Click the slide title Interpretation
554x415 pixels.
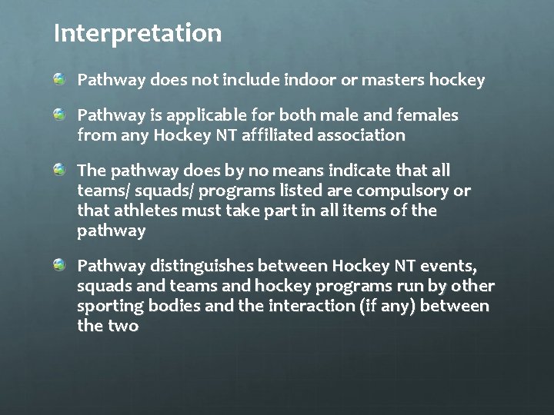pyautogui.click(x=138, y=33)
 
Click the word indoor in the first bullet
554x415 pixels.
pyautogui.click(x=305, y=79)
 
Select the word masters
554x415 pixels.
pyautogui.click(x=390, y=79)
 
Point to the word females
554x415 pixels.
pyautogui.click(x=428, y=115)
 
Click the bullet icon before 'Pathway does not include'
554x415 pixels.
pyautogui.click(x=59, y=79)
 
